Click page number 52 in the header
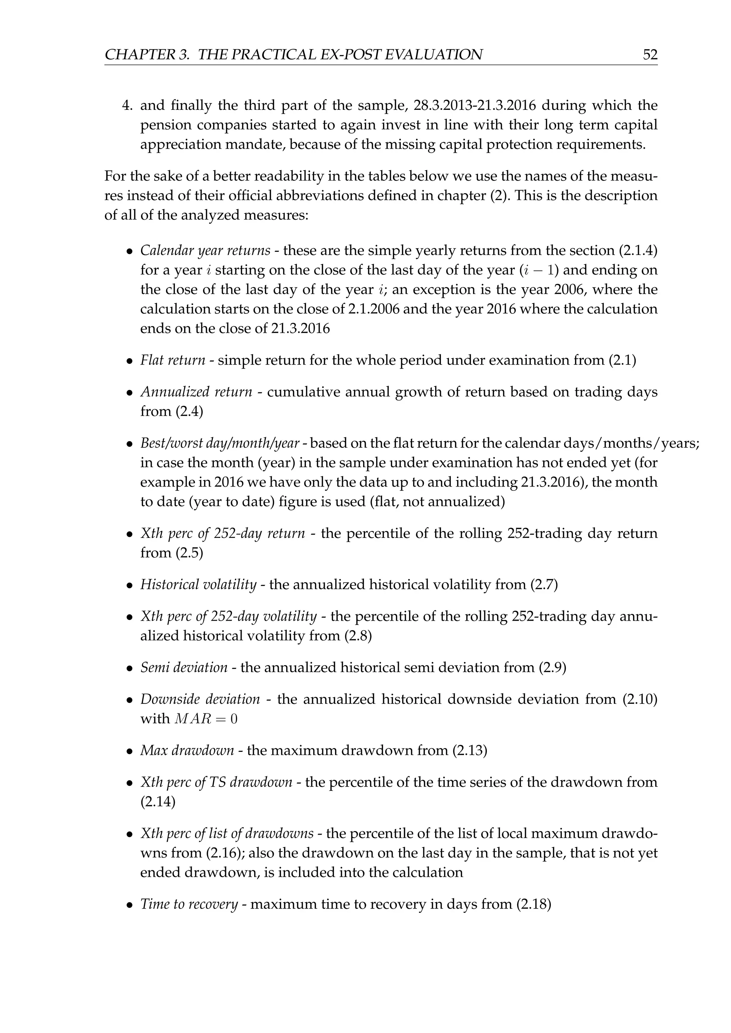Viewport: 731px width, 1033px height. coord(650,55)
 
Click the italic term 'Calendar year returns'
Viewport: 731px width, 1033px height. coord(205,251)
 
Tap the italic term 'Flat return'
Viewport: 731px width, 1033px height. coord(173,360)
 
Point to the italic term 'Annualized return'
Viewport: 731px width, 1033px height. coord(196,392)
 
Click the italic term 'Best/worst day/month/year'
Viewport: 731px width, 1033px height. coord(220,444)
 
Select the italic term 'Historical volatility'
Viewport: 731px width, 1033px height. coord(198,585)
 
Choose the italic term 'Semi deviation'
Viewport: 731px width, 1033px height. coord(184,668)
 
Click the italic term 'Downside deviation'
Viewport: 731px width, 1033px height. coord(200,699)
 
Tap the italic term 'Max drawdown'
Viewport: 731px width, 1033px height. coord(187,751)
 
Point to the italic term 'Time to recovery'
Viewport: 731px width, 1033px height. coord(189,904)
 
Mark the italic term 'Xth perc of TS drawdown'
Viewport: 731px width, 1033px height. coord(216,783)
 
